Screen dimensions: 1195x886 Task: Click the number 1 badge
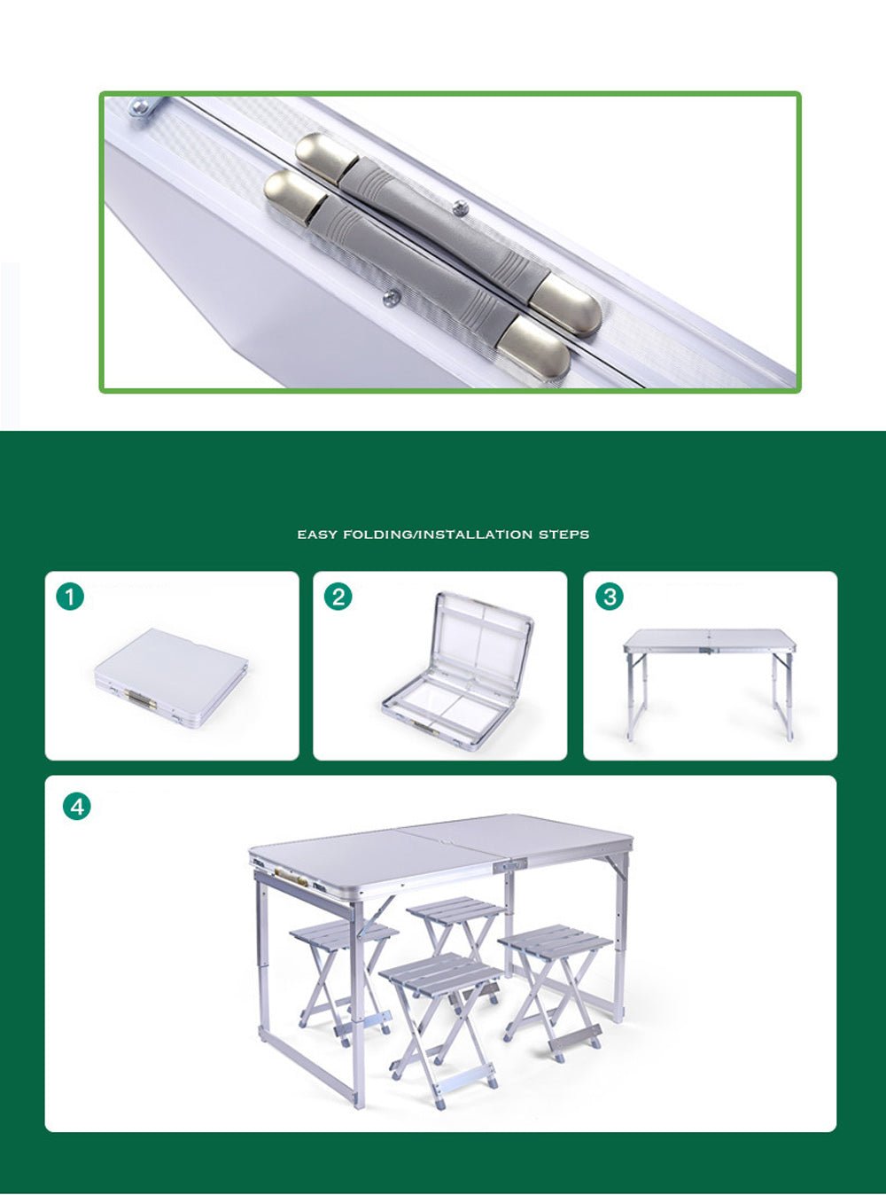click(70, 596)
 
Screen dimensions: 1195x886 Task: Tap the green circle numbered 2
click(338, 596)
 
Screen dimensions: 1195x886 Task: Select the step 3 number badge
click(609, 596)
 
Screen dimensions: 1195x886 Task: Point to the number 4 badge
click(77, 806)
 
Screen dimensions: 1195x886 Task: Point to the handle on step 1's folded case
click(141, 701)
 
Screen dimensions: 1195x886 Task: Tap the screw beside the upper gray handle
click(460, 209)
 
